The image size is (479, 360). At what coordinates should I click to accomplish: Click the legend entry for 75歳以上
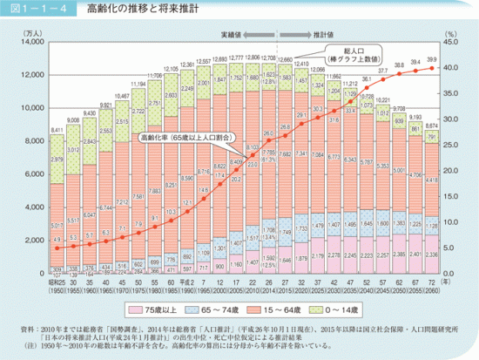[x=166, y=309]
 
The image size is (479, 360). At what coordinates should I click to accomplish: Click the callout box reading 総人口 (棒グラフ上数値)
[x=359, y=56]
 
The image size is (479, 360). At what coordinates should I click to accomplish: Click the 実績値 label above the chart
[x=234, y=31]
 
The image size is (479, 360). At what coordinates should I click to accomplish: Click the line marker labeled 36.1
[x=366, y=87]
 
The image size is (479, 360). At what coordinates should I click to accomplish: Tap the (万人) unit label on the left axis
[x=31, y=31]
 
